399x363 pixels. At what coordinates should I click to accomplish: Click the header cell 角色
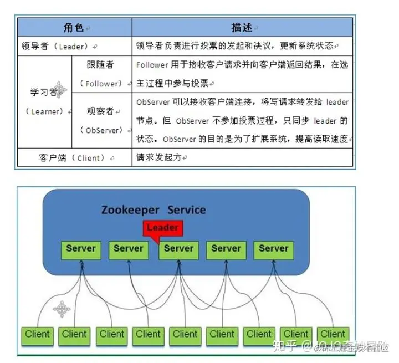75,27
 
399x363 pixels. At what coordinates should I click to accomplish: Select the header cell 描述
243,27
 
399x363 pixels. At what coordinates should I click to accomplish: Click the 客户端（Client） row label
74,158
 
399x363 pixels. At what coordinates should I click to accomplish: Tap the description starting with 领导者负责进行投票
235,46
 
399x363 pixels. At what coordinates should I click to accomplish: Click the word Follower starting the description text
151,65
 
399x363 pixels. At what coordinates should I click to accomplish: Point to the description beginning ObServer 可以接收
242,121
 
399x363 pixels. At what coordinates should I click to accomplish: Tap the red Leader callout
162,228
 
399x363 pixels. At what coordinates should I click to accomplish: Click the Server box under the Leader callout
178,249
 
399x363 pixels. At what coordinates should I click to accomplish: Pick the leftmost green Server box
81,249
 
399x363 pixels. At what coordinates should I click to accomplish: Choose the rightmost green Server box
274,249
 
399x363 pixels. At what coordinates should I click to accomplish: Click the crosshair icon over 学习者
59,89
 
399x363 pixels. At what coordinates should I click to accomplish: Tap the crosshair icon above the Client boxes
62,309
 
